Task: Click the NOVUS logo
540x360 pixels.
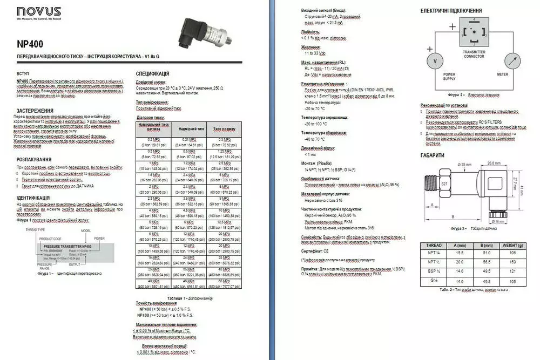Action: (x=38, y=12)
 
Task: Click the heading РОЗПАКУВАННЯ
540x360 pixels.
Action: (x=34, y=159)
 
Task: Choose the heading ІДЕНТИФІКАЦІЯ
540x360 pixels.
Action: (x=33, y=198)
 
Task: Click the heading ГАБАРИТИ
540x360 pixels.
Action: (x=433, y=155)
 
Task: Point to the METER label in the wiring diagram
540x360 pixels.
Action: (x=502, y=74)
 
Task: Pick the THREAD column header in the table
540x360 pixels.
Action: (x=434, y=245)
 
